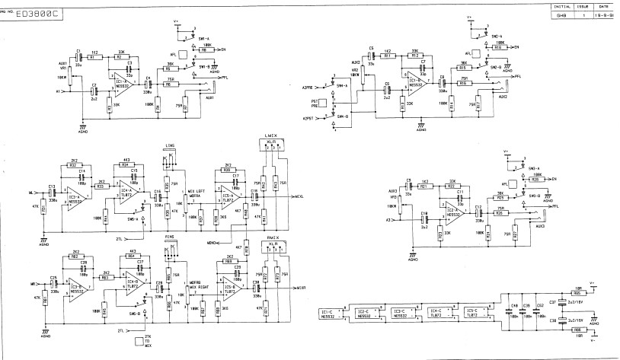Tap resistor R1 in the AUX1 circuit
coord(92,57)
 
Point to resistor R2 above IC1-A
coord(120,57)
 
